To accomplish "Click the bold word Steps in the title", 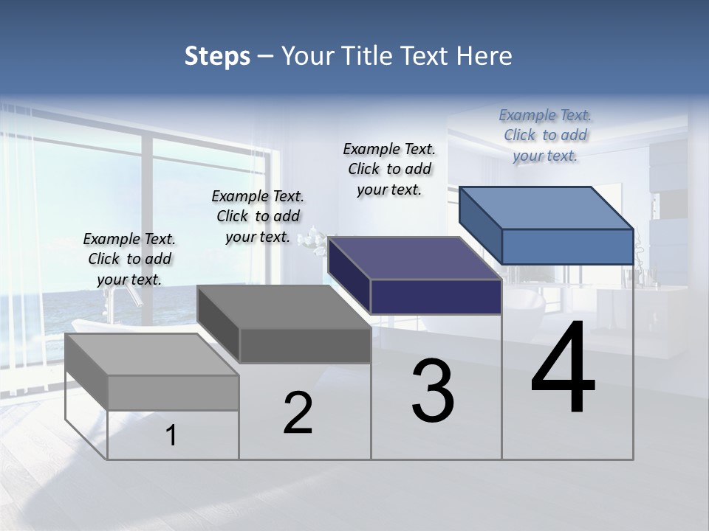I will (x=217, y=56).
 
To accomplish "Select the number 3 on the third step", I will (x=433, y=390).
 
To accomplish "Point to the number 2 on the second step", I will (x=298, y=413).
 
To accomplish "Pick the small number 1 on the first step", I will (x=171, y=435).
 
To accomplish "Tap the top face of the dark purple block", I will (x=414, y=258).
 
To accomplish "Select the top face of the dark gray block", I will (x=284, y=307).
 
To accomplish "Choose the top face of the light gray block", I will (x=151, y=355).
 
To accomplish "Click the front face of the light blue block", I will (x=567, y=246).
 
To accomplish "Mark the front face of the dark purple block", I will (x=436, y=296).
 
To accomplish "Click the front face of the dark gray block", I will (x=305, y=345).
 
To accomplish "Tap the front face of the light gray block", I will (x=173, y=392).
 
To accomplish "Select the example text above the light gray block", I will (x=129, y=260).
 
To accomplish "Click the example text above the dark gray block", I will (x=258, y=216).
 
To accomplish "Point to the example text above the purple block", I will (x=389, y=169).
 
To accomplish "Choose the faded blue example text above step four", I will (x=545, y=136).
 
